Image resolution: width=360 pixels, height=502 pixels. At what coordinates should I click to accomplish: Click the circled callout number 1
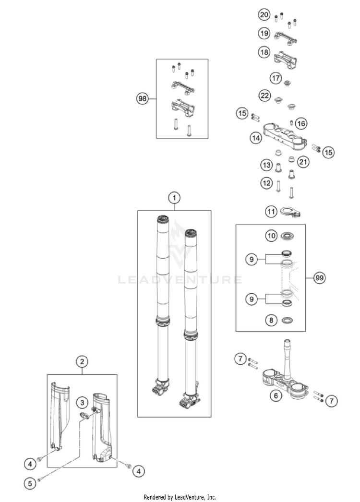[x=174, y=197]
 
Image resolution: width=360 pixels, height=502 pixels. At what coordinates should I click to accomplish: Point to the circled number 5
[x=30, y=484]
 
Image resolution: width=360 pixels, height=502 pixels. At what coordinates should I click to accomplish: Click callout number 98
[x=142, y=99]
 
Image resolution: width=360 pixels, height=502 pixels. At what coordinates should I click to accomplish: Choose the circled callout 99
[x=318, y=278]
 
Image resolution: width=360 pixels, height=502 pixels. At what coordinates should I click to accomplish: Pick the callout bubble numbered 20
[x=264, y=15]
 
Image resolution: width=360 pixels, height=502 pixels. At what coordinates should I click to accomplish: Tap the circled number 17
[x=275, y=78]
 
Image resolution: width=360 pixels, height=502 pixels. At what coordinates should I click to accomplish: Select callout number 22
[x=264, y=96]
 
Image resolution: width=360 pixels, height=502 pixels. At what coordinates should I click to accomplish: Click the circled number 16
[x=301, y=124]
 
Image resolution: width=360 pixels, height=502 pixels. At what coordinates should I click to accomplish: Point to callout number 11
[x=273, y=211]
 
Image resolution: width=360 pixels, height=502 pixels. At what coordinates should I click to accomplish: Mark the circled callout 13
[x=266, y=166]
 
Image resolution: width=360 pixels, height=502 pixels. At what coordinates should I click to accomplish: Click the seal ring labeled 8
[x=288, y=321]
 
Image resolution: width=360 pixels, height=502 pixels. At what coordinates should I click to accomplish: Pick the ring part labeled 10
[x=288, y=236]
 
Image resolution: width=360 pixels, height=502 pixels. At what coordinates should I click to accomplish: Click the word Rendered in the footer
[x=155, y=497]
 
